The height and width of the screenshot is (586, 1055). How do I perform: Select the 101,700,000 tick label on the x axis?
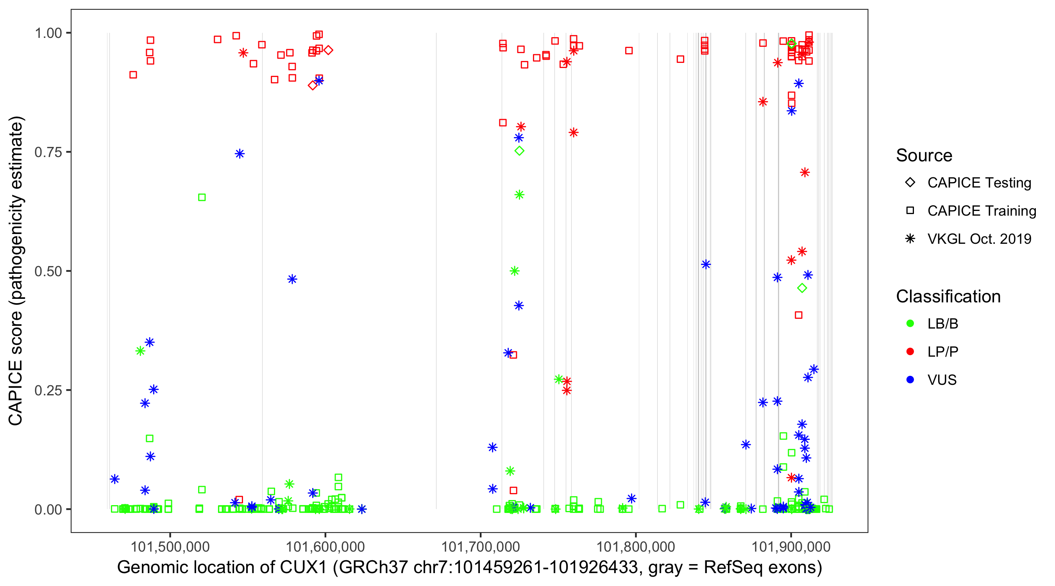point(480,547)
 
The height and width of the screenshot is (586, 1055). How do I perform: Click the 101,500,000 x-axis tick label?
point(170,547)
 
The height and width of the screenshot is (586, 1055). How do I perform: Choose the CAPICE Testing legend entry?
point(979,183)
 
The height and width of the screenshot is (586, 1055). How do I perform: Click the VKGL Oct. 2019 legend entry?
point(979,239)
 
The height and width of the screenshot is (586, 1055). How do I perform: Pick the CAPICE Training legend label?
point(981,211)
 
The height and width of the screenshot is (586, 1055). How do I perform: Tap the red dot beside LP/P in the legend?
point(910,352)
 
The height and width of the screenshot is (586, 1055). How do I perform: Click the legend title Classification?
point(948,297)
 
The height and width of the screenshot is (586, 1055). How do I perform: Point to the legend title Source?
point(924,155)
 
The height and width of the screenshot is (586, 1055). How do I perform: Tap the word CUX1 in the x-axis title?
point(303,568)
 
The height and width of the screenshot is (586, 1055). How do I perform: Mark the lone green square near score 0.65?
point(202,197)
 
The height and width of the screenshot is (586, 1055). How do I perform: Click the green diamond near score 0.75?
point(519,151)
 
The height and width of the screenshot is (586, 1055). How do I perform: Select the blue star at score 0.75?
point(240,154)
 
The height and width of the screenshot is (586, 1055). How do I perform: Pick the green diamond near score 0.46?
point(802,288)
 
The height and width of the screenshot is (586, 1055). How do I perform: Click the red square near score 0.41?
point(799,315)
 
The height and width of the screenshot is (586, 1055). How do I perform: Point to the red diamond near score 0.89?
point(313,85)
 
